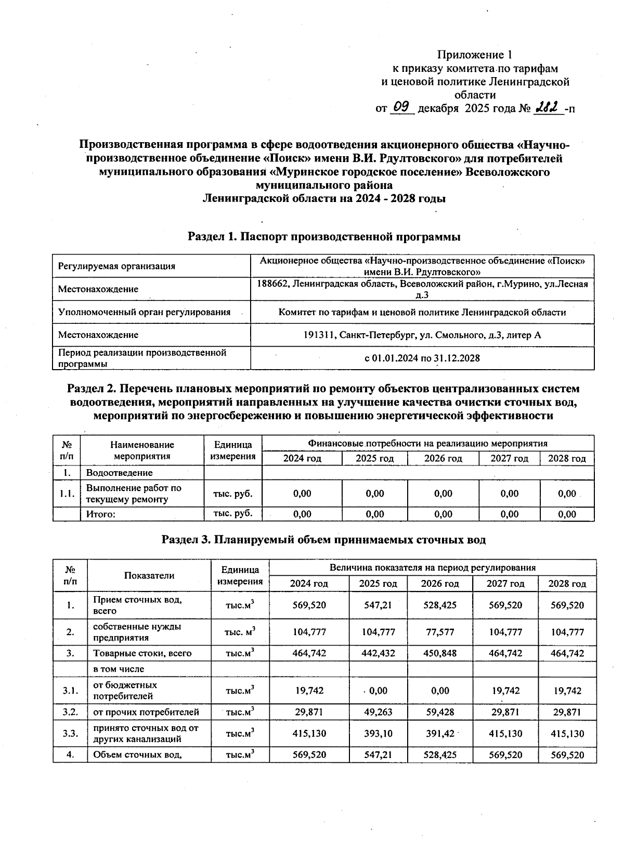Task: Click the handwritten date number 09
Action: click(x=402, y=107)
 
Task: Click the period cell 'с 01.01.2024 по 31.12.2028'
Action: click(x=422, y=358)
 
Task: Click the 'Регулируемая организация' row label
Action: click(x=116, y=266)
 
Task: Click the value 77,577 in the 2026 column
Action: click(x=440, y=632)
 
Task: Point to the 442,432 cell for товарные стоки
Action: click(x=378, y=653)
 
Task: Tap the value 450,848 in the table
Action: click(x=440, y=653)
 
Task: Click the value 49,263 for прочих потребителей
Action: click(x=378, y=712)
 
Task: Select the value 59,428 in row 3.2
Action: click(x=440, y=712)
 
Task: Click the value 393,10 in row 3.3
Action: click(x=378, y=734)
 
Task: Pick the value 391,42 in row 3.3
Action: click(x=440, y=734)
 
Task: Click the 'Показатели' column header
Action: click(x=149, y=575)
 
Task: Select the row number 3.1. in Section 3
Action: click(x=70, y=691)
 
